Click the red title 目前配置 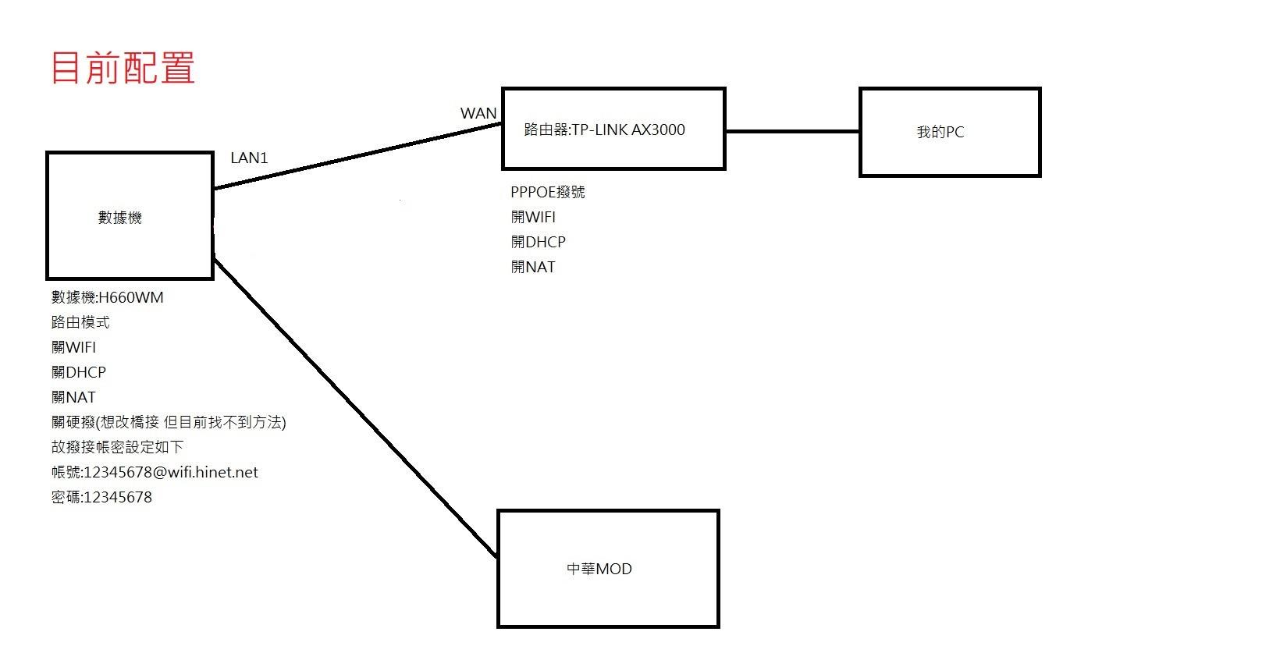[x=123, y=68]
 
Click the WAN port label [x=478, y=113]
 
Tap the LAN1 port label [x=249, y=158]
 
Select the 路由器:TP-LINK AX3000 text [x=604, y=130]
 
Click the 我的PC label [x=940, y=132]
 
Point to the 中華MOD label [x=599, y=569]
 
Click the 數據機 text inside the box [x=119, y=218]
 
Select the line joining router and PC [x=792, y=131]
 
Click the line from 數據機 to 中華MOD [x=355, y=406]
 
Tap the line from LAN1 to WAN [x=357, y=155]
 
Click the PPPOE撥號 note [x=547, y=192]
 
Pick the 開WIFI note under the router [x=533, y=217]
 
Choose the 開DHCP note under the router [x=538, y=242]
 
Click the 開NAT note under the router [x=533, y=267]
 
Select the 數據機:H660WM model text [x=108, y=297]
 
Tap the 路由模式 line [x=80, y=322]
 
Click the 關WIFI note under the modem [x=74, y=347]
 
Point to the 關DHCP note [x=79, y=372]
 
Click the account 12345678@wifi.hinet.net [x=170, y=472]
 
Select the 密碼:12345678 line [x=101, y=497]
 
